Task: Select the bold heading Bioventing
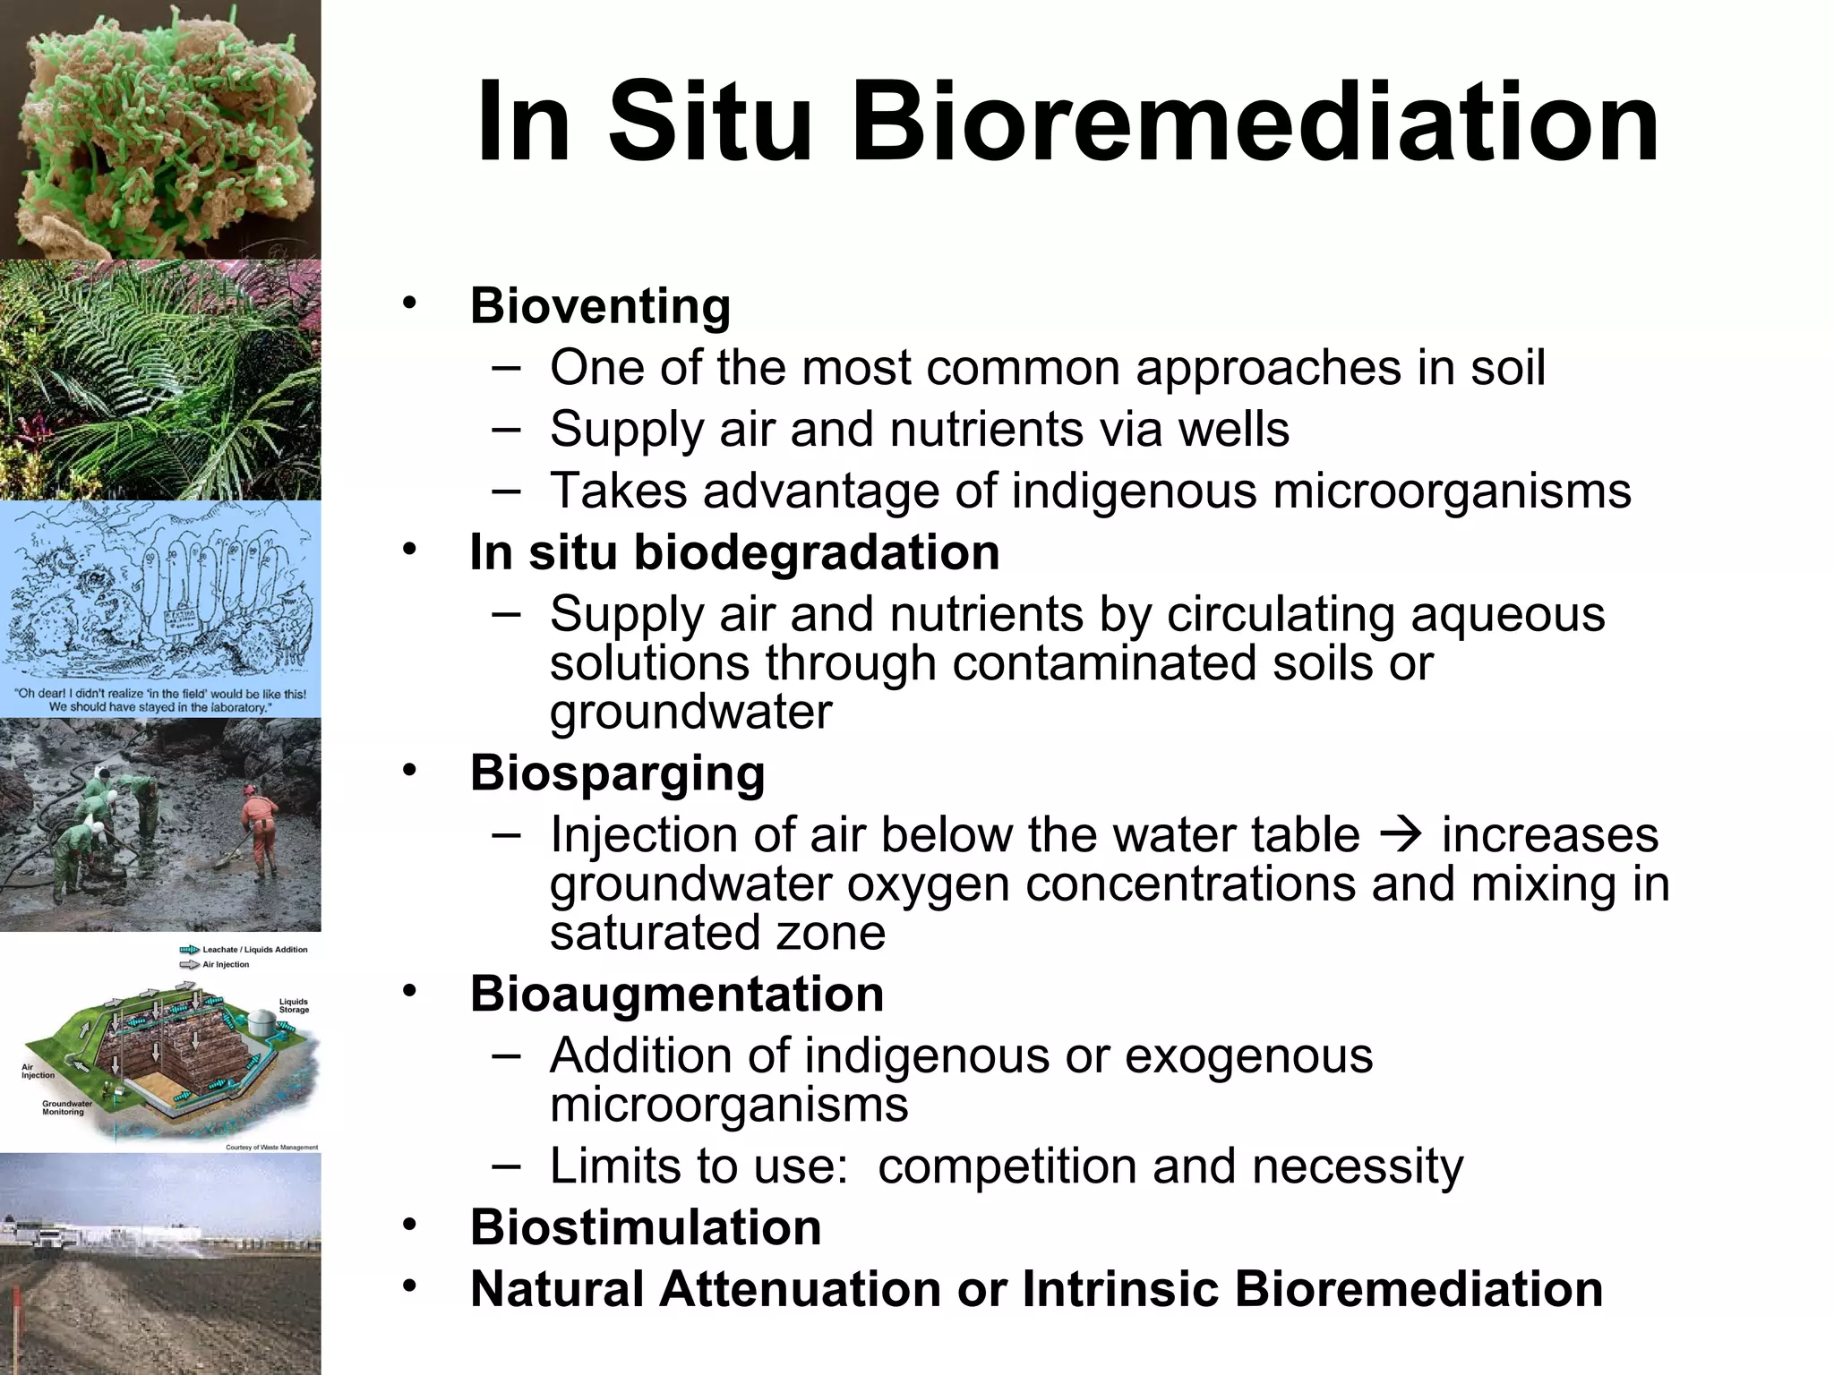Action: pos(600,306)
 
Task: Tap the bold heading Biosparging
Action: pos(617,773)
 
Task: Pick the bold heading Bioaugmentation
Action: pos(677,994)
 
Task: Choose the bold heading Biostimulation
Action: pos(646,1227)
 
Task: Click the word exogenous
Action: pos(1248,1055)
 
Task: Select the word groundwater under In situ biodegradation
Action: pos(690,713)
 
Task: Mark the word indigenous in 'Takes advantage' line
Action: pos(1135,491)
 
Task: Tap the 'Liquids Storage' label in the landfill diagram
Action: pos(294,1006)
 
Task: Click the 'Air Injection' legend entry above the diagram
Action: pos(225,965)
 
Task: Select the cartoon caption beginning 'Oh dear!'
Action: pos(160,700)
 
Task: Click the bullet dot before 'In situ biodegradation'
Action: pos(409,548)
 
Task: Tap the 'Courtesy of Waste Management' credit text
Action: pos(271,1148)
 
